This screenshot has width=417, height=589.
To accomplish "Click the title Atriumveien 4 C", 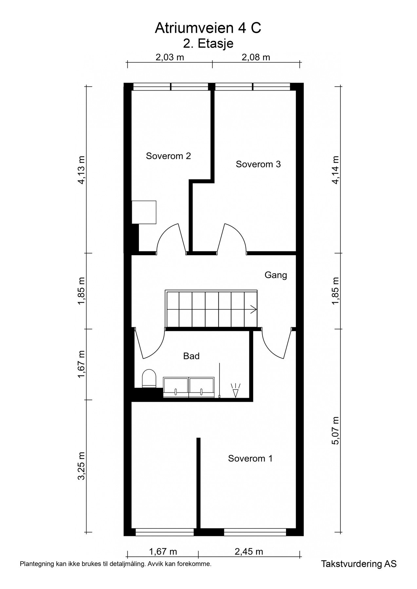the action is (x=208, y=28).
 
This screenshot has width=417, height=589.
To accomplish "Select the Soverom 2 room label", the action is (x=168, y=156).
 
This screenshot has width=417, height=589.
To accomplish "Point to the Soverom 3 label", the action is (x=258, y=164).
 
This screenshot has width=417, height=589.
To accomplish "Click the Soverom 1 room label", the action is (x=250, y=458).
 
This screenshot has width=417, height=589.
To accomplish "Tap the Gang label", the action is (x=276, y=275).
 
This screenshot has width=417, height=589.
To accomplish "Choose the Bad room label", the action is (x=191, y=356).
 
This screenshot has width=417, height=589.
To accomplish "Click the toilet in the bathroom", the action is (x=149, y=379).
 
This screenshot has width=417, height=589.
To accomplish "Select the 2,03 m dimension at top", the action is (x=170, y=57).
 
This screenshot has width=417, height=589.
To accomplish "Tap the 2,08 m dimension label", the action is (x=256, y=57).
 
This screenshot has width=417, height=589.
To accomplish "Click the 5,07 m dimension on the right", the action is (x=336, y=431).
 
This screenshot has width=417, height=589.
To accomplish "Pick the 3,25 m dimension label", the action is (x=81, y=466).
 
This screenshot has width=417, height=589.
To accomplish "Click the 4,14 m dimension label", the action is (x=336, y=170).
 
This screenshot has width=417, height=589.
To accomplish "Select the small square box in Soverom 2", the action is (x=144, y=212).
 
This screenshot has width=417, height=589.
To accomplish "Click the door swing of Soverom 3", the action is (x=235, y=238).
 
